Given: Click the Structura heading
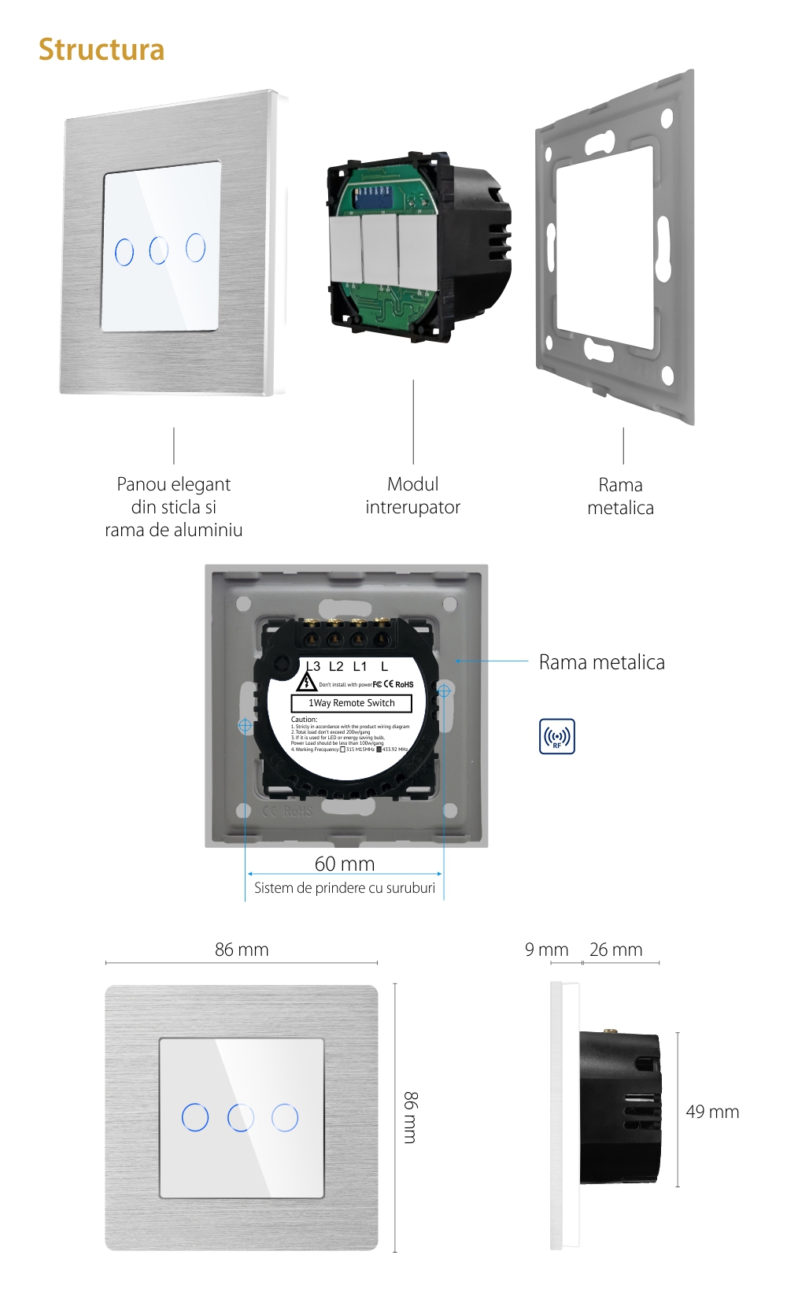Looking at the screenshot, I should click(102, 50).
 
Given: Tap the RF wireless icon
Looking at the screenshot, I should click(556, 736).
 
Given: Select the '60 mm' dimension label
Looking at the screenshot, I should click(345, 864).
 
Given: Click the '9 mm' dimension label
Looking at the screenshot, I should click(546, 949).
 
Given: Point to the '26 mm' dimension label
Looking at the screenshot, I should click(615, 949).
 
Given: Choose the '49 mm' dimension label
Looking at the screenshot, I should click(712, 1112).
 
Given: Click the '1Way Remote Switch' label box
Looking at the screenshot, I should click(352, 703).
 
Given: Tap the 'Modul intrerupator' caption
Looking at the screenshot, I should click(412, 495).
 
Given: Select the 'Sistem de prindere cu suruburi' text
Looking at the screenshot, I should click(345, 888).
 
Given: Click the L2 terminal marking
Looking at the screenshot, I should click(336, 666).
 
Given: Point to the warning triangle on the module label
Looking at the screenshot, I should click(306, 682).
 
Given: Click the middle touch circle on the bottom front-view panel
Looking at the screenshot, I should click(241, 1117).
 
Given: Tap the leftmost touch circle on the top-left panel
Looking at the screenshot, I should click(124, 252).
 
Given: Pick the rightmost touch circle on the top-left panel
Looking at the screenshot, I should click(196, 247).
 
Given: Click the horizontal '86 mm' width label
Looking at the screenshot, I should click(242, 949).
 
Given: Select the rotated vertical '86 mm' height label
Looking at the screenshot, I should click(411, 1117).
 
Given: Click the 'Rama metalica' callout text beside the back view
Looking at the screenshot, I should click(601, 662).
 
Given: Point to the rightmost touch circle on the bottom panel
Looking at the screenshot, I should click(285, 1117).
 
